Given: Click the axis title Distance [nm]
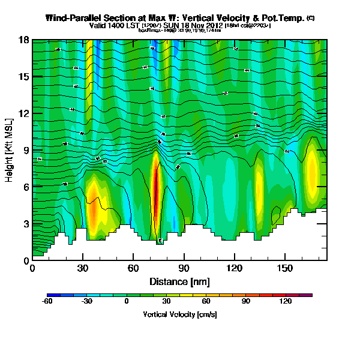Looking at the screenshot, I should [179, 281].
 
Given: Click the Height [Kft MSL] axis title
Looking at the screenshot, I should [10, 150].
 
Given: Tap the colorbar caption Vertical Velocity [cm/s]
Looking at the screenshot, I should [179, 314].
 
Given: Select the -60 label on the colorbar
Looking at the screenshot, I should [47, 301].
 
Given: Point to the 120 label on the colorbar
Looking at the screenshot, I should [285, 301].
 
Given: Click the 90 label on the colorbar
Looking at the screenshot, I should [245, 301].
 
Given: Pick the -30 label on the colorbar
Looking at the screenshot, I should [87, 301].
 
